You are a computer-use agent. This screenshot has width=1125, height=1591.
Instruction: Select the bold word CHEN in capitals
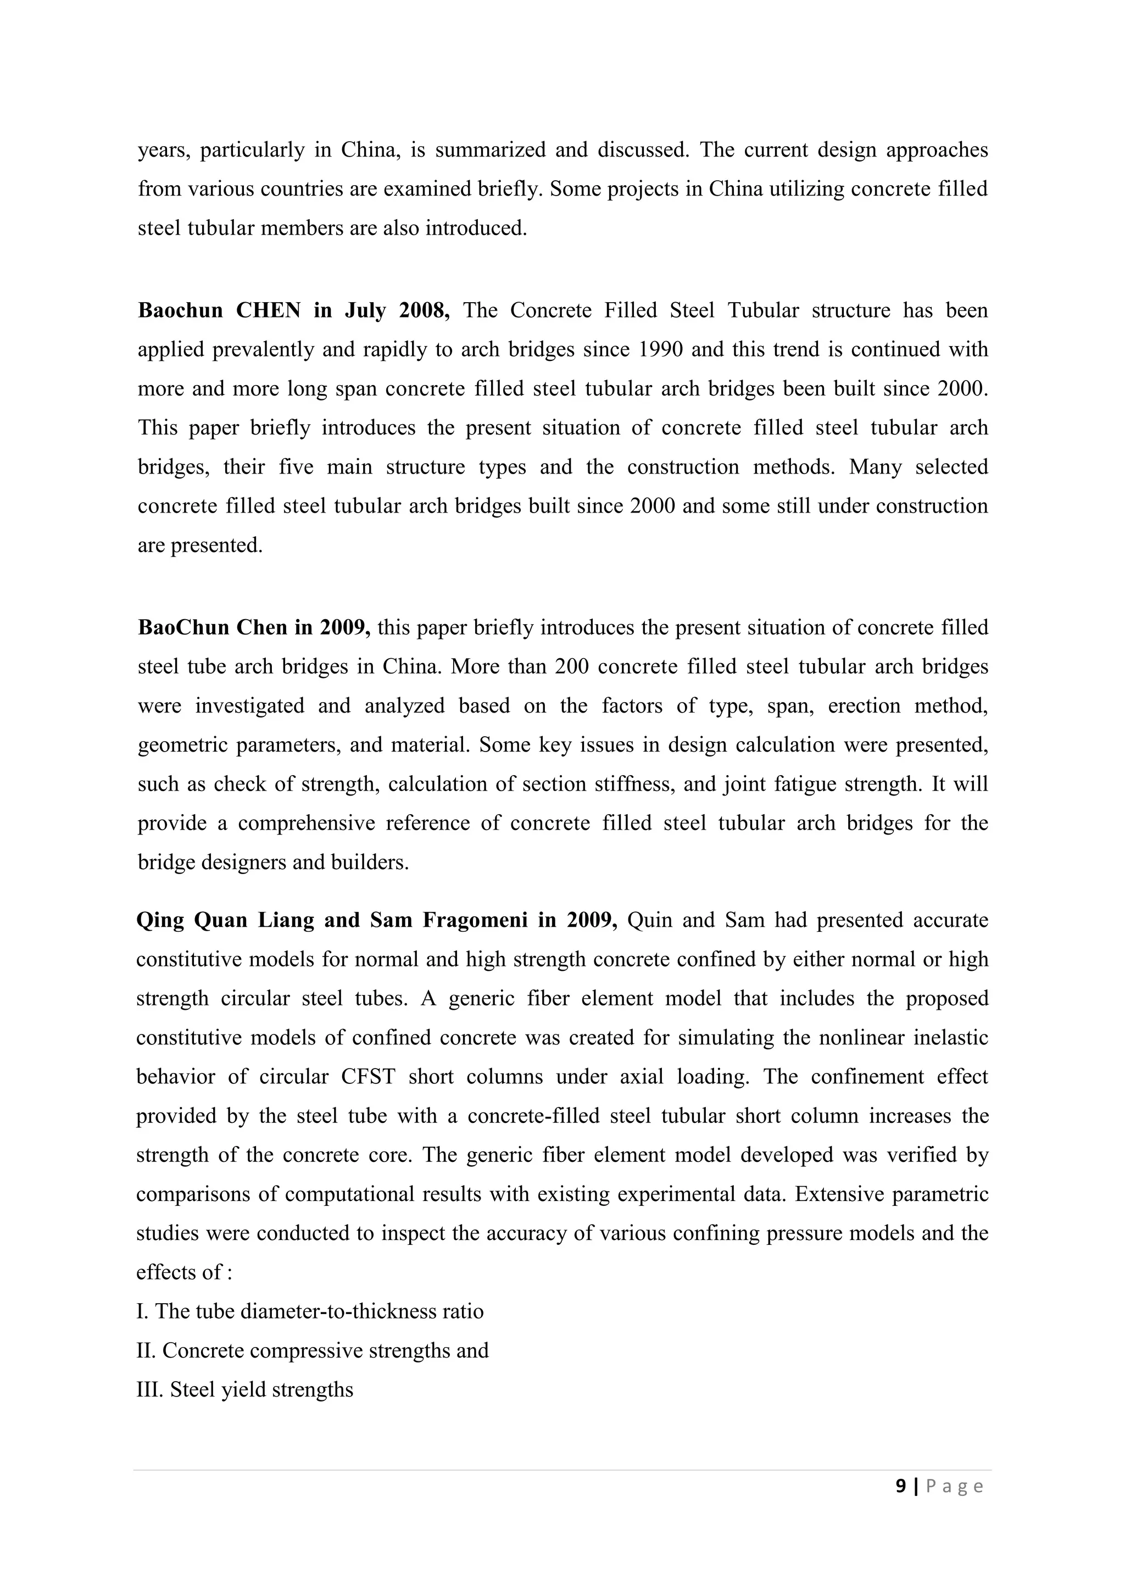(x=268, y=310)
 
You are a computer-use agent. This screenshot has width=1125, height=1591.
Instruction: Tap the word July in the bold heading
(x=365, y=310)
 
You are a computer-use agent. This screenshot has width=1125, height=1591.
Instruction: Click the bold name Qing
(x=159, y=920)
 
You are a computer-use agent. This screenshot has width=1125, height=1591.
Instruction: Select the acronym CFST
(x=368, y=1076)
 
